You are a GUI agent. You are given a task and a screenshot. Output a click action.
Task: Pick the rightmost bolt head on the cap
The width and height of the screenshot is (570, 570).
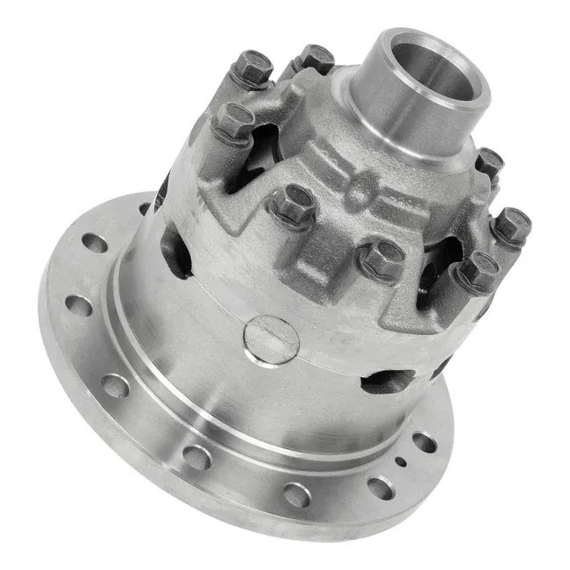510,226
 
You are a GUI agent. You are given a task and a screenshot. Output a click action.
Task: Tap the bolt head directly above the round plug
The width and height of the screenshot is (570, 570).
292,204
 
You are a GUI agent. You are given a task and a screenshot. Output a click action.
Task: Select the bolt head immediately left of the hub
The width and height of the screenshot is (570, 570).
315,58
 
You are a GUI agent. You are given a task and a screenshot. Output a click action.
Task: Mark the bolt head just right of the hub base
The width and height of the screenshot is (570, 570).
488,162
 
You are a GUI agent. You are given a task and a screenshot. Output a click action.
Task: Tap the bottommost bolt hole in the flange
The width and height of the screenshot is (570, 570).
296,495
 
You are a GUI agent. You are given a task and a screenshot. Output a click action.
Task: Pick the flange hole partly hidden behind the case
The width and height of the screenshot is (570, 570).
145,210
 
